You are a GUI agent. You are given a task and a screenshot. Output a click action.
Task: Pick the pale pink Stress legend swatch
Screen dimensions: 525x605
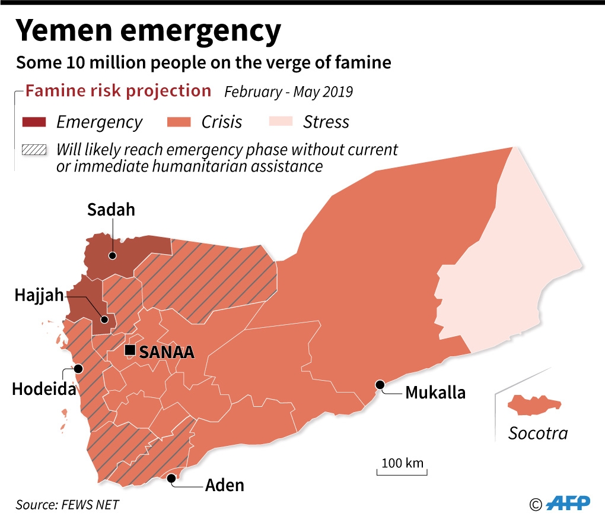[281, 122]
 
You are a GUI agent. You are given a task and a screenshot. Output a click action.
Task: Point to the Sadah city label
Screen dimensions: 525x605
[111, 210]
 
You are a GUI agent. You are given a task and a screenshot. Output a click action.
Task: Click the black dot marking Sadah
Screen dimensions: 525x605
[112, 256]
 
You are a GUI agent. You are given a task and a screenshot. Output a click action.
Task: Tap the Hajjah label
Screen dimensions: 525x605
[39, 295]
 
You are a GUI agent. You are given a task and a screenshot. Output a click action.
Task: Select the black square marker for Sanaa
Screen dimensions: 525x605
[130, 350]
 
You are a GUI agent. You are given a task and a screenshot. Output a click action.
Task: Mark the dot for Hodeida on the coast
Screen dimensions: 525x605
[78, 368]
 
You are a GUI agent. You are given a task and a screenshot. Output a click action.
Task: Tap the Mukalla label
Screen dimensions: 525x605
[435, 393]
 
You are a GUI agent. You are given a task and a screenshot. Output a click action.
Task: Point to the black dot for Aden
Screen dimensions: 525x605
[172, 477]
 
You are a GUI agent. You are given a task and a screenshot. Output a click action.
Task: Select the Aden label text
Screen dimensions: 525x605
[224, 485]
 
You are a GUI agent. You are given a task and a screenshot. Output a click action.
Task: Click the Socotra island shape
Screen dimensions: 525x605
[533, 406]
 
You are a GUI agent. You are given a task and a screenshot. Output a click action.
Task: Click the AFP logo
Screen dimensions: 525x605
[568, 504]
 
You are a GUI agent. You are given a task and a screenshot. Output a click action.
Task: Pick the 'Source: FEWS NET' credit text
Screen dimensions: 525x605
[67, 504]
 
